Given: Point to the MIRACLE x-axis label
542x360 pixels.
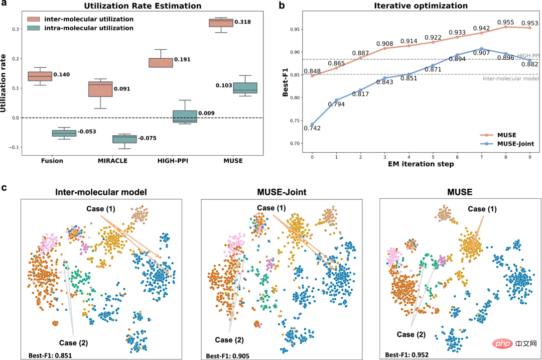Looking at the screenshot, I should pyautogui.click(x=112, y=162).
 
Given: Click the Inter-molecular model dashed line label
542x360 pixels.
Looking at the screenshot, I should pyautogui.click(x=510, y=79).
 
